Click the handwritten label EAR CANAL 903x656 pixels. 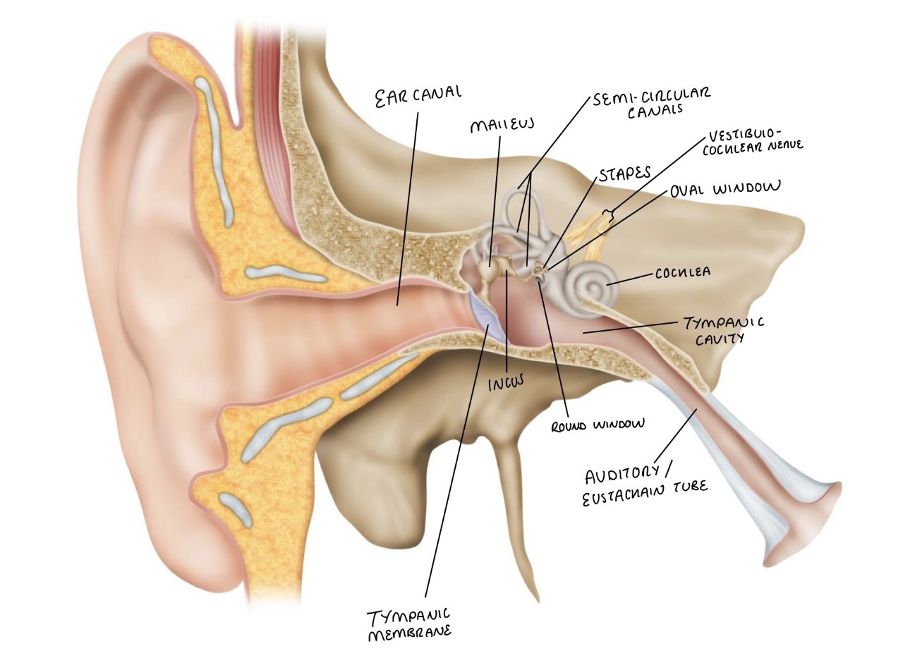pyautogui.click(x=418, y=95)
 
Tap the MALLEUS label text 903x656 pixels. pyautogui.click(x=502, y=126)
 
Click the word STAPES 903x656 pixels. pyautogui.click(x=624, y=174)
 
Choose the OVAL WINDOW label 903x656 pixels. pyautogui.click(x=725, y=189)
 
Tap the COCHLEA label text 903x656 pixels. pyautogui.click(x=682, y=272)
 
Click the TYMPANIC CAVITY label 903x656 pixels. pyautogui.click(x=723, y=330)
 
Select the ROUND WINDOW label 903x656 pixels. pyautogui.click(x=599, y=424)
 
